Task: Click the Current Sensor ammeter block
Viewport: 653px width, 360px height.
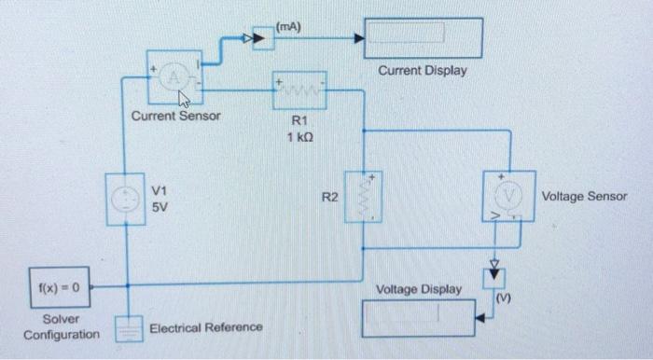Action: (x=174, y=78)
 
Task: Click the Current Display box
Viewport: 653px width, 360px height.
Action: (x=424, y=37)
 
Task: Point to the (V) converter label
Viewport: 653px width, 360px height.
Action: (x=504, y=298)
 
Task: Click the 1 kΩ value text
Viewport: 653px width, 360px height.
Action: (x=299, y=138)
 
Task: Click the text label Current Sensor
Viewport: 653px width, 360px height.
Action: (x=175, y=117)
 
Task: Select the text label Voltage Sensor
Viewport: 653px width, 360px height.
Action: (x=584, y=197)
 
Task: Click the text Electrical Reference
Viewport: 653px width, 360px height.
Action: (x=205, y=328)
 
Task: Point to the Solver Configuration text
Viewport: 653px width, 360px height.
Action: (x=62, y=326)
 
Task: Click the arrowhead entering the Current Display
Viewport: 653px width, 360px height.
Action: (x=358, y=38)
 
